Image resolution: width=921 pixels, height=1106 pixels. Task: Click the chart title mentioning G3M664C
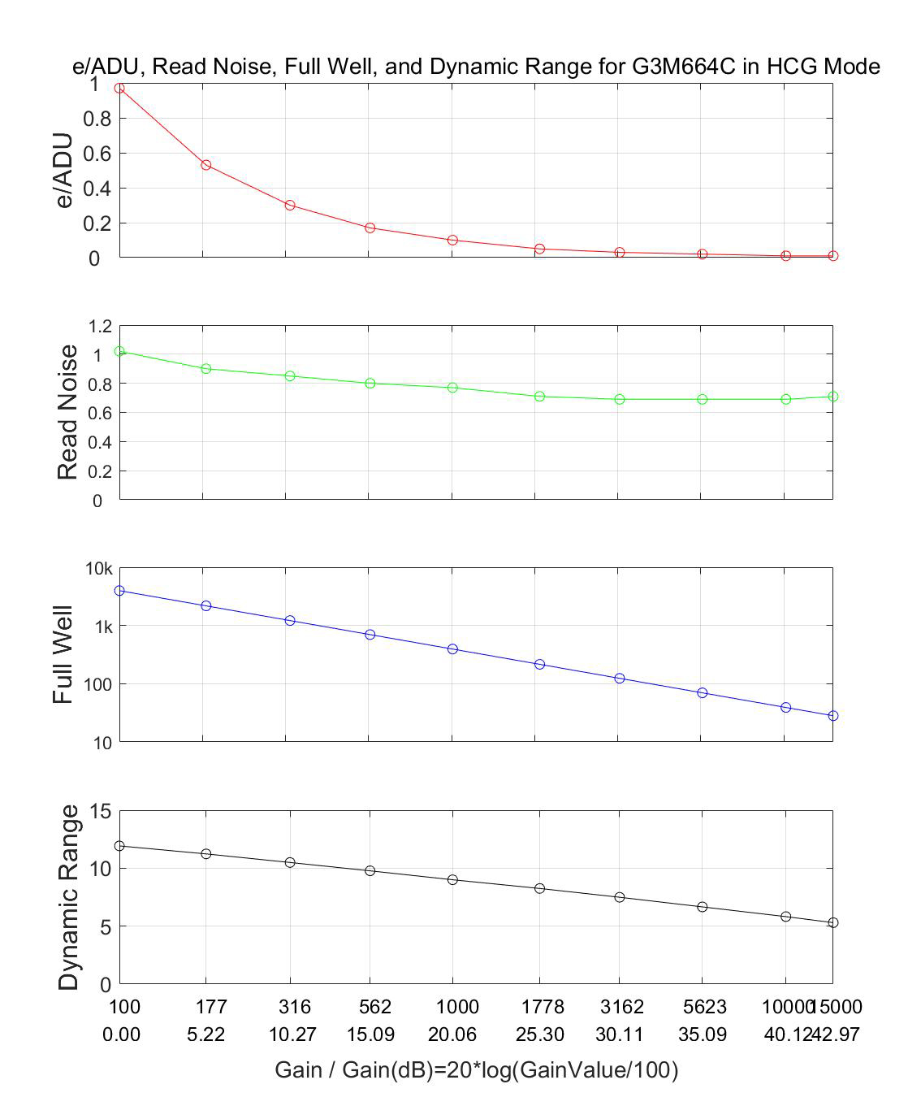point(476,66)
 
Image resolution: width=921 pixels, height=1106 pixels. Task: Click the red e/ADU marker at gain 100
point(119,88)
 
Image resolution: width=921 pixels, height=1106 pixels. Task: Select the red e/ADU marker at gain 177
point(206,165)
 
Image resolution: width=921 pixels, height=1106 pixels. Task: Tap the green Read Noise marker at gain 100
point(119,351)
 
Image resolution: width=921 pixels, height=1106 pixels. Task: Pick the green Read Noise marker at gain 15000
point(832,397)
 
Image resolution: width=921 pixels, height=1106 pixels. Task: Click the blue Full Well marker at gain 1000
point(452,649)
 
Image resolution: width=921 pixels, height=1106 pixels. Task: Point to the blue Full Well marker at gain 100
point(119,591)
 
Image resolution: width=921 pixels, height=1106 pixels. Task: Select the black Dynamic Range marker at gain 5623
point(702,907)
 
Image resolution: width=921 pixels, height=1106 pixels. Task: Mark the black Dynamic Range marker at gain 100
point(119,846)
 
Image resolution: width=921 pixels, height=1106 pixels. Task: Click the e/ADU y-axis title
point(65,171)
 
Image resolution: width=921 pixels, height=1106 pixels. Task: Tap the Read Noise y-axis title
point(68,412)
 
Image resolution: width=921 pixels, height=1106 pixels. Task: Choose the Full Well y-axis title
point(63,654)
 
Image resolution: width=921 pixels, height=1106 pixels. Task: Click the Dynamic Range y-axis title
point(70,897)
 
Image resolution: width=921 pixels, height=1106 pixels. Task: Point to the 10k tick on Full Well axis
point(99,569)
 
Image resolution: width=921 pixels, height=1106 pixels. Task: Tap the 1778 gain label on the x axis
point(542,1007)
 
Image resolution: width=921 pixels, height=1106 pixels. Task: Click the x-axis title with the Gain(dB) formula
point(476,1070)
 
